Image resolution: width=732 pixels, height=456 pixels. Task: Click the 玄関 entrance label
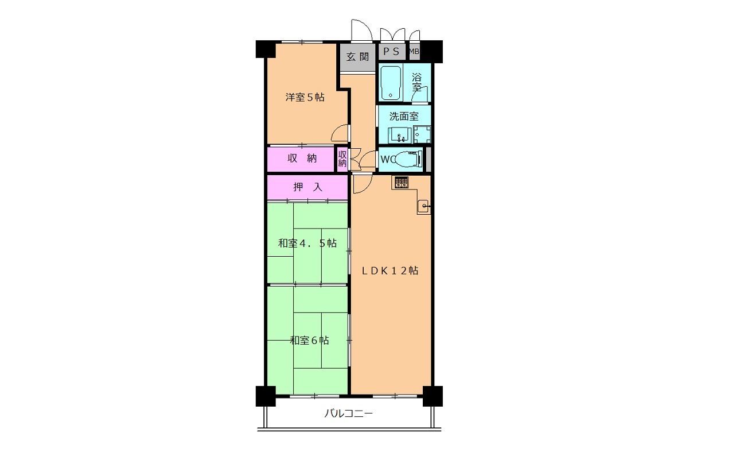tap(357, 57)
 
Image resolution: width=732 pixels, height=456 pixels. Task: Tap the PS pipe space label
tap(391, 51)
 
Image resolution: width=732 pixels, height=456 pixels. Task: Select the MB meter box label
tap(414, 51)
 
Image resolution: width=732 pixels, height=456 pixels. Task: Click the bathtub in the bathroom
tap(391, 83)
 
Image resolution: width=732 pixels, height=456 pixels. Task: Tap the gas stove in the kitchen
tap(402, 182)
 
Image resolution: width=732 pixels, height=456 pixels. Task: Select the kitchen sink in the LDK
tap(423, 206)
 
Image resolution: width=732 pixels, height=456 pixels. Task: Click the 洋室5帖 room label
tap(305, 97)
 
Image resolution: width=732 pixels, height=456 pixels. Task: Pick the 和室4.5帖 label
tap(307, 243)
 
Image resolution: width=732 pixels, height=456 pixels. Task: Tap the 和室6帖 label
tap(309, 341)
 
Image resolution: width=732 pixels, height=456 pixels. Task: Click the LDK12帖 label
tap(390, 270)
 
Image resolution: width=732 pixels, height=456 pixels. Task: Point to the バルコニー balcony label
tap(348, 414)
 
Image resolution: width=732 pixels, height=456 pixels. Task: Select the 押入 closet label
tap(308, 187)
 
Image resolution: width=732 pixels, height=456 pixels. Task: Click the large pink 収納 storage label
tap(302, 159)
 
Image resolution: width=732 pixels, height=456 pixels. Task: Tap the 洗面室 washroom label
tap(404, 116)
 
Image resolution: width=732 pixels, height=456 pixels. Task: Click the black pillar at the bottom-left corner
tap(266, 396)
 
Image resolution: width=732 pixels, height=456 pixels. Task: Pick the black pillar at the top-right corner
tap(432, 51)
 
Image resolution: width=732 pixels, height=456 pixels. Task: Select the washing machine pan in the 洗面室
tap(422, 134)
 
